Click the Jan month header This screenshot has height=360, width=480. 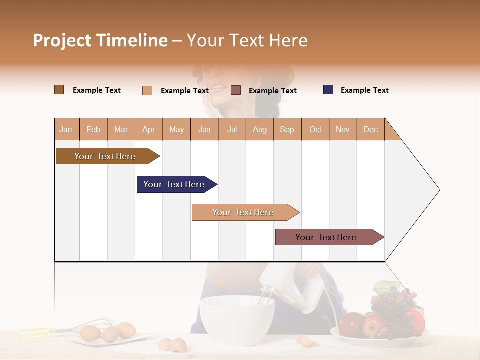66,129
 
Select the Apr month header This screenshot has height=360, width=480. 149,129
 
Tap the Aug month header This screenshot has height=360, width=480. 259,129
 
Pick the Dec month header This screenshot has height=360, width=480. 370,129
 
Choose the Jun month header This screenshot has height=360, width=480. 204,129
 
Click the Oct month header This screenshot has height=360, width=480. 315,129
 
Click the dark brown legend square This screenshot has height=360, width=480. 59,90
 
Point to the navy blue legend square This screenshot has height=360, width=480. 328,90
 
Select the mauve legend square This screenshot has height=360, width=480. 236,90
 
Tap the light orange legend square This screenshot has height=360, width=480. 147,90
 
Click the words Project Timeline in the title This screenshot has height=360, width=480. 100,40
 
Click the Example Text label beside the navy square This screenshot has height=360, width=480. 364,90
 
